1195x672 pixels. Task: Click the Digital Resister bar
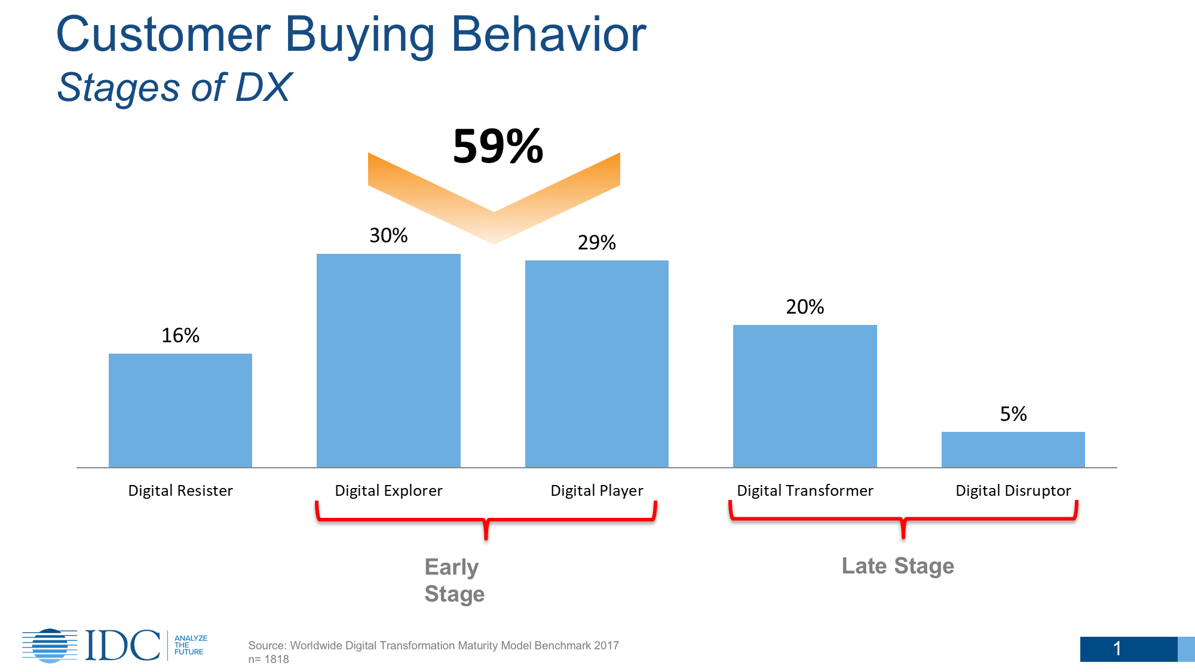coord(180,410)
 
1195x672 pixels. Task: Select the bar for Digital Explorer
coord(388,361)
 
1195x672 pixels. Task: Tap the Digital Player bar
coord(597,364)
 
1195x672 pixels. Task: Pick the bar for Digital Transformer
coord(805,396)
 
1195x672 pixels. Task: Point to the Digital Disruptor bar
coord(1013,450)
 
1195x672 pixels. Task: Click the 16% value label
coord(180,336)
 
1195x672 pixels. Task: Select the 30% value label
coord(388,235)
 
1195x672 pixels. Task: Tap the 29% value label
coord(597,243)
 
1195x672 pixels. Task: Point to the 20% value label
coord(805,307)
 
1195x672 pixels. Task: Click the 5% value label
coord(1013,414)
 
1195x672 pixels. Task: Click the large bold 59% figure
coord(498,146)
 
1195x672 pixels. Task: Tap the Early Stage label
coord(454,580)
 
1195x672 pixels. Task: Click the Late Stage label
coord(897,566)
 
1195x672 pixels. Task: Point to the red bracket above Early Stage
coord(486,520)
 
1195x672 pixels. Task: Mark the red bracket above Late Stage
coord(903,518)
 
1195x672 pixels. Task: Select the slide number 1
coord(1117,649)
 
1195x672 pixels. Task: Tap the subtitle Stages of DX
coord(174,88)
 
